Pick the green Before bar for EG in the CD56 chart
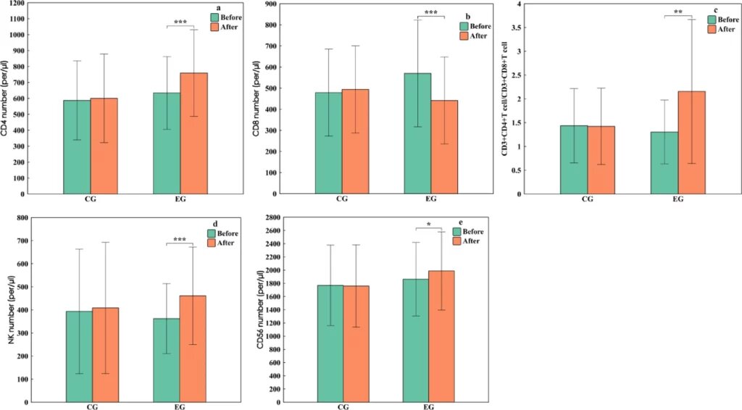pyautogui.click(x=416, y=340)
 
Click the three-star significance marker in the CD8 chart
pyautogui.click(x=430, y=12)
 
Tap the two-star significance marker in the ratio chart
pyautogui.click(x=678, y=12)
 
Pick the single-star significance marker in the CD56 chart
pyautogui.click(x=428, y=225)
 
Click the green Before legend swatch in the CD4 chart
pyautogui.click(x=214, y=17)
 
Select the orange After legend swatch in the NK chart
pyautogui.click(x=212, y=243)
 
